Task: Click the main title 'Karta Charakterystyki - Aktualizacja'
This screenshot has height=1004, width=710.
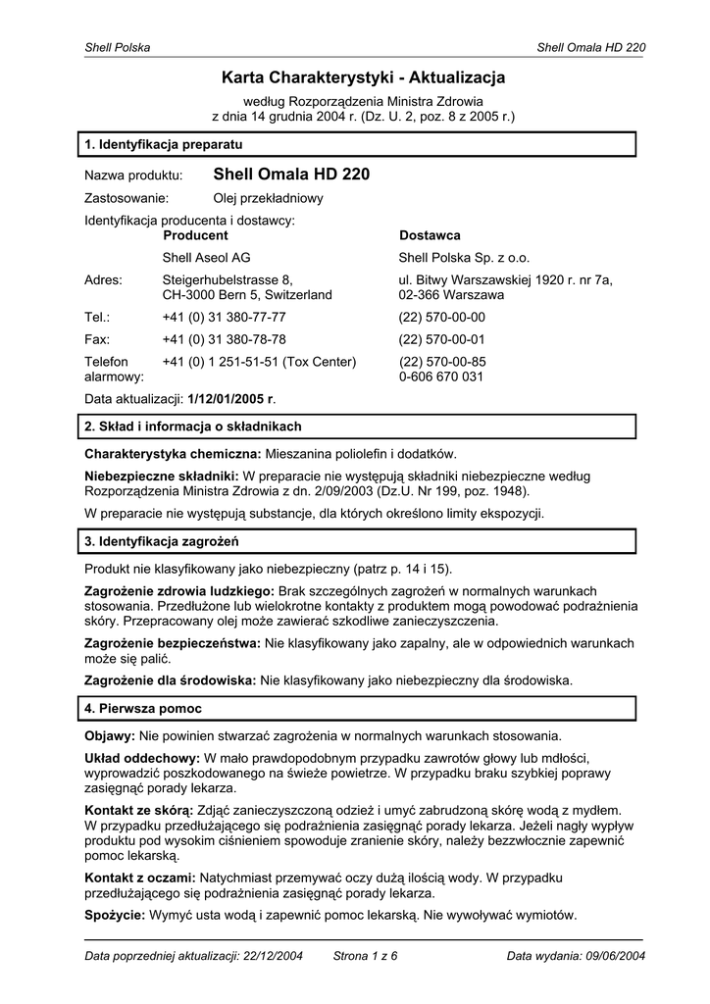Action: tap(363, 77)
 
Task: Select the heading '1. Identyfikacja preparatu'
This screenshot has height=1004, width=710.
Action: tap(164, 144)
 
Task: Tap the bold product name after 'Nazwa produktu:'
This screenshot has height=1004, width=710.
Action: tap(291, 175)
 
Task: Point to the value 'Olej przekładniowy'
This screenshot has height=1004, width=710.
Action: tap(268, 198)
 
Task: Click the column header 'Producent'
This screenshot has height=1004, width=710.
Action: tap(195, 235)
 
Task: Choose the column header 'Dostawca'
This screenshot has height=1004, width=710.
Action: tap(430, 235)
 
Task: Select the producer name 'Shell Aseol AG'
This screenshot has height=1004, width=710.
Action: tap(206, 258)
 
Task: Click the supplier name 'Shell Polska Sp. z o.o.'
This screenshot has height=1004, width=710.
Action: tap(464, 258)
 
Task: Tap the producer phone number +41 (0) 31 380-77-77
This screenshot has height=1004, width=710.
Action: tap(224, 318)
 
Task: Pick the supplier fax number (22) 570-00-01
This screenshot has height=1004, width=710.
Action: tap(441, 339)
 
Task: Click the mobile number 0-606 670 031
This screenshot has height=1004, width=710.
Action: tap(440, 376)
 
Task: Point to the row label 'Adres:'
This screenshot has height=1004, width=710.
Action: tap(104, 280)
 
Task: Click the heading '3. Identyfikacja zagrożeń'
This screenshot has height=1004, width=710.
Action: tap(163, 540)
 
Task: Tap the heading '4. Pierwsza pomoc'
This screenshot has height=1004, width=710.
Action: tap(143, 707)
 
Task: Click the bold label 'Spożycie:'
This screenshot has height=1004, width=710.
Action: tap(115, 915)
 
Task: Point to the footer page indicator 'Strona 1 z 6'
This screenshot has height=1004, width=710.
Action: tap(366, 955)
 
